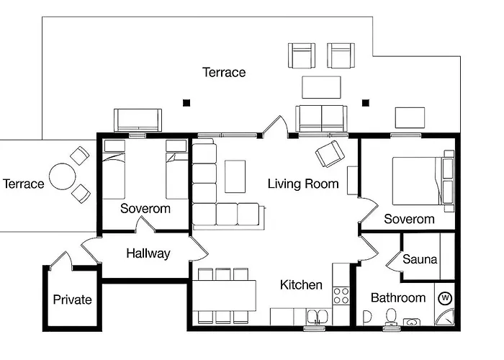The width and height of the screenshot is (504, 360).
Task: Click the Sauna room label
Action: [x=420, y=259]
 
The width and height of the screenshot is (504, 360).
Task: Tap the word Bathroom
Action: [x=398, y=297]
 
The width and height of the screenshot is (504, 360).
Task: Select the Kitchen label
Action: [x=301, y=285]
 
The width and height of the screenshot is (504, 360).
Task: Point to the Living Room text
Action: [x=303, y=184]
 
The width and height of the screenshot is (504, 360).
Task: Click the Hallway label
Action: [x=148, y=253]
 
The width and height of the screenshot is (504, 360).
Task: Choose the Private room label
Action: [x=73, y=300]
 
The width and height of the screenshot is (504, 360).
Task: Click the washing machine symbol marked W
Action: [x=444, y=297]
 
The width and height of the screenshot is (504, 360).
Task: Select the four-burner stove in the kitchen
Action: [x=340, y=295]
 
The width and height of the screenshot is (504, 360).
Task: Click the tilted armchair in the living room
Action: [x=330, y=153]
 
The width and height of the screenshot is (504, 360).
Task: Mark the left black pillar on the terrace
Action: [x=186, y=103]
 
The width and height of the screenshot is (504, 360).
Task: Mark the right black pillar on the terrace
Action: [x=366, y=102]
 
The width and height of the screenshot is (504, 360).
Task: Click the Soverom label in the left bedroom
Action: [x=145, y=209]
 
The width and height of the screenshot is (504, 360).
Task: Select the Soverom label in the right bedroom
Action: [x=409, y=219]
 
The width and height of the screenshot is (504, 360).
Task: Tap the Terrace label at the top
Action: [x=224, y=72]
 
